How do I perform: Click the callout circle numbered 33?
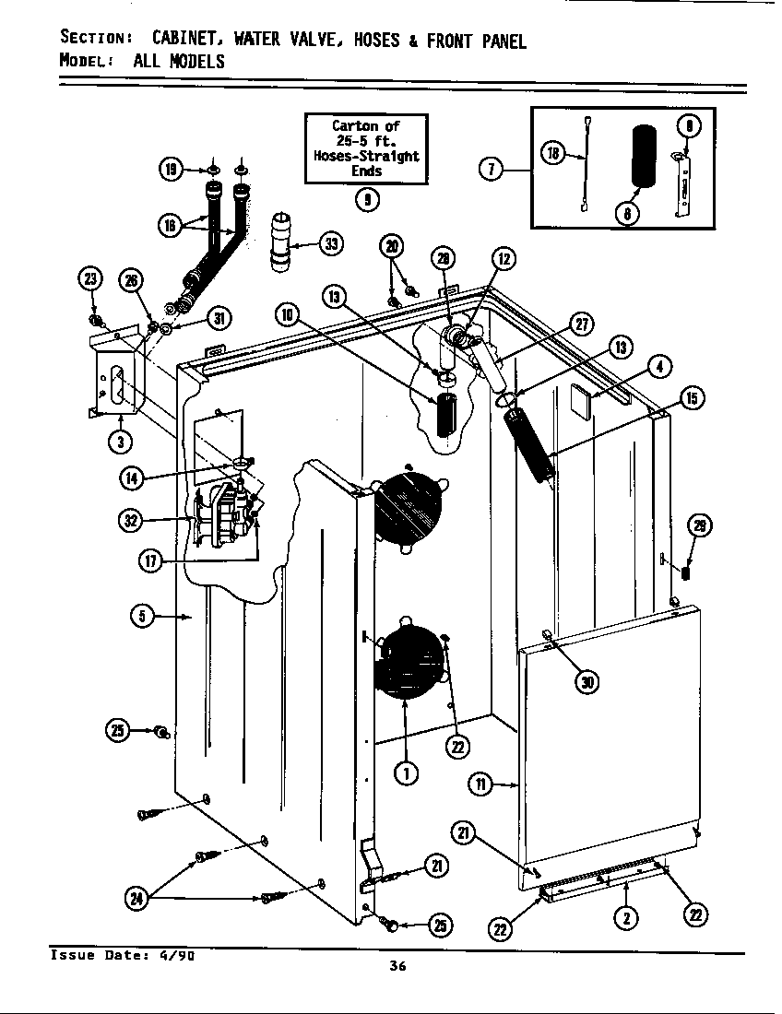click(331, 243)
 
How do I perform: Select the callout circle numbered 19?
click(171, 169)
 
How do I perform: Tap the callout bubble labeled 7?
click(492, 169)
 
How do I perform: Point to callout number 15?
click(692, 397)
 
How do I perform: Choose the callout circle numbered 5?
click(141, 617)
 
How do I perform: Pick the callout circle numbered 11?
click(480, 784)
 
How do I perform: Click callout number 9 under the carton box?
click(366, 198)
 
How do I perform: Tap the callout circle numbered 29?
click(701, 526)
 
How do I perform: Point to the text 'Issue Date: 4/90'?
click(121, 955)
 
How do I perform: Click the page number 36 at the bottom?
click(397, 966)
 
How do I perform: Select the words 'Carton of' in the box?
click(366, 126)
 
